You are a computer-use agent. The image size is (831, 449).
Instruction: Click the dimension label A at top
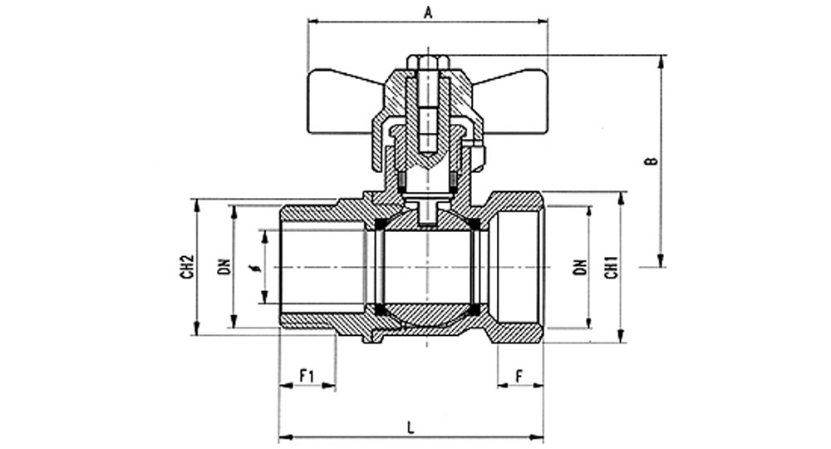428,12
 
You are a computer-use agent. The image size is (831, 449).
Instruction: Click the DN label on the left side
224,267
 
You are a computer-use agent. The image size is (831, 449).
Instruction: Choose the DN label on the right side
581,267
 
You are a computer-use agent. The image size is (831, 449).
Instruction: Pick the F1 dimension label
307,376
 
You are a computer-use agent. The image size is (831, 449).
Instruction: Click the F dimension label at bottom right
519,376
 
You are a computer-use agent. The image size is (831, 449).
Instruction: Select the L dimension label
411,427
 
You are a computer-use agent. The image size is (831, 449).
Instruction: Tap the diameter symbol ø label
258,267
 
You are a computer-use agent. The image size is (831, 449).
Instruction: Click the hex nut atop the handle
428,62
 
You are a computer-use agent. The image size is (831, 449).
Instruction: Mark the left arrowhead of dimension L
286,438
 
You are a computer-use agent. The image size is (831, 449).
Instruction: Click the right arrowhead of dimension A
541,22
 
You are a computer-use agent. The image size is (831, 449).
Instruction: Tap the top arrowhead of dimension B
661,62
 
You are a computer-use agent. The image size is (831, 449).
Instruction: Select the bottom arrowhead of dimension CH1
621,336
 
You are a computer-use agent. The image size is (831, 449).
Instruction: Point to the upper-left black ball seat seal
380,224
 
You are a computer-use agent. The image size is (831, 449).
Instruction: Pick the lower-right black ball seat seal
475,309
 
